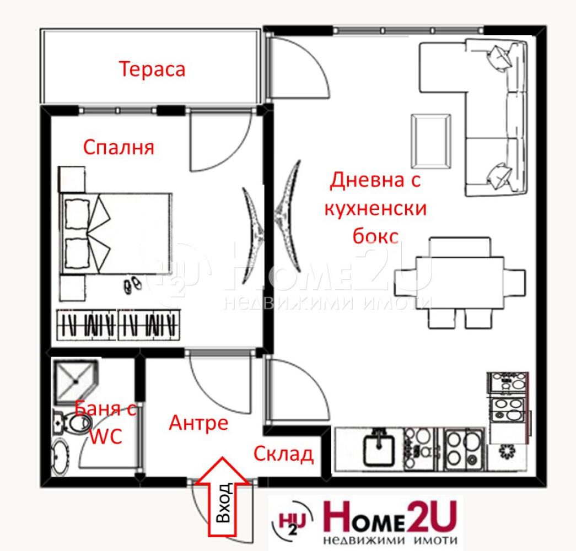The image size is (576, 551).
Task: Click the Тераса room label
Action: [152, 69]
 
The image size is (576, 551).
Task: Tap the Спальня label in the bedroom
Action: [119, 148]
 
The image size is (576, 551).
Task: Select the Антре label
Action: [198, 423]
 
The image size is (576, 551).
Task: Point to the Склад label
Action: [283, 454]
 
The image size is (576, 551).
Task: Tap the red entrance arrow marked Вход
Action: [222, 496]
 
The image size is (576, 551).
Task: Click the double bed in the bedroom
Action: [116, 234]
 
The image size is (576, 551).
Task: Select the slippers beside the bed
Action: [132, 285]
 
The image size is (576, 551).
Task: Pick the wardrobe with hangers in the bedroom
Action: [119, 325]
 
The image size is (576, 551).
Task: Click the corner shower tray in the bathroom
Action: [76, 382]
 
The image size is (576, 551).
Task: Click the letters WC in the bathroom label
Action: [106, 437]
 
